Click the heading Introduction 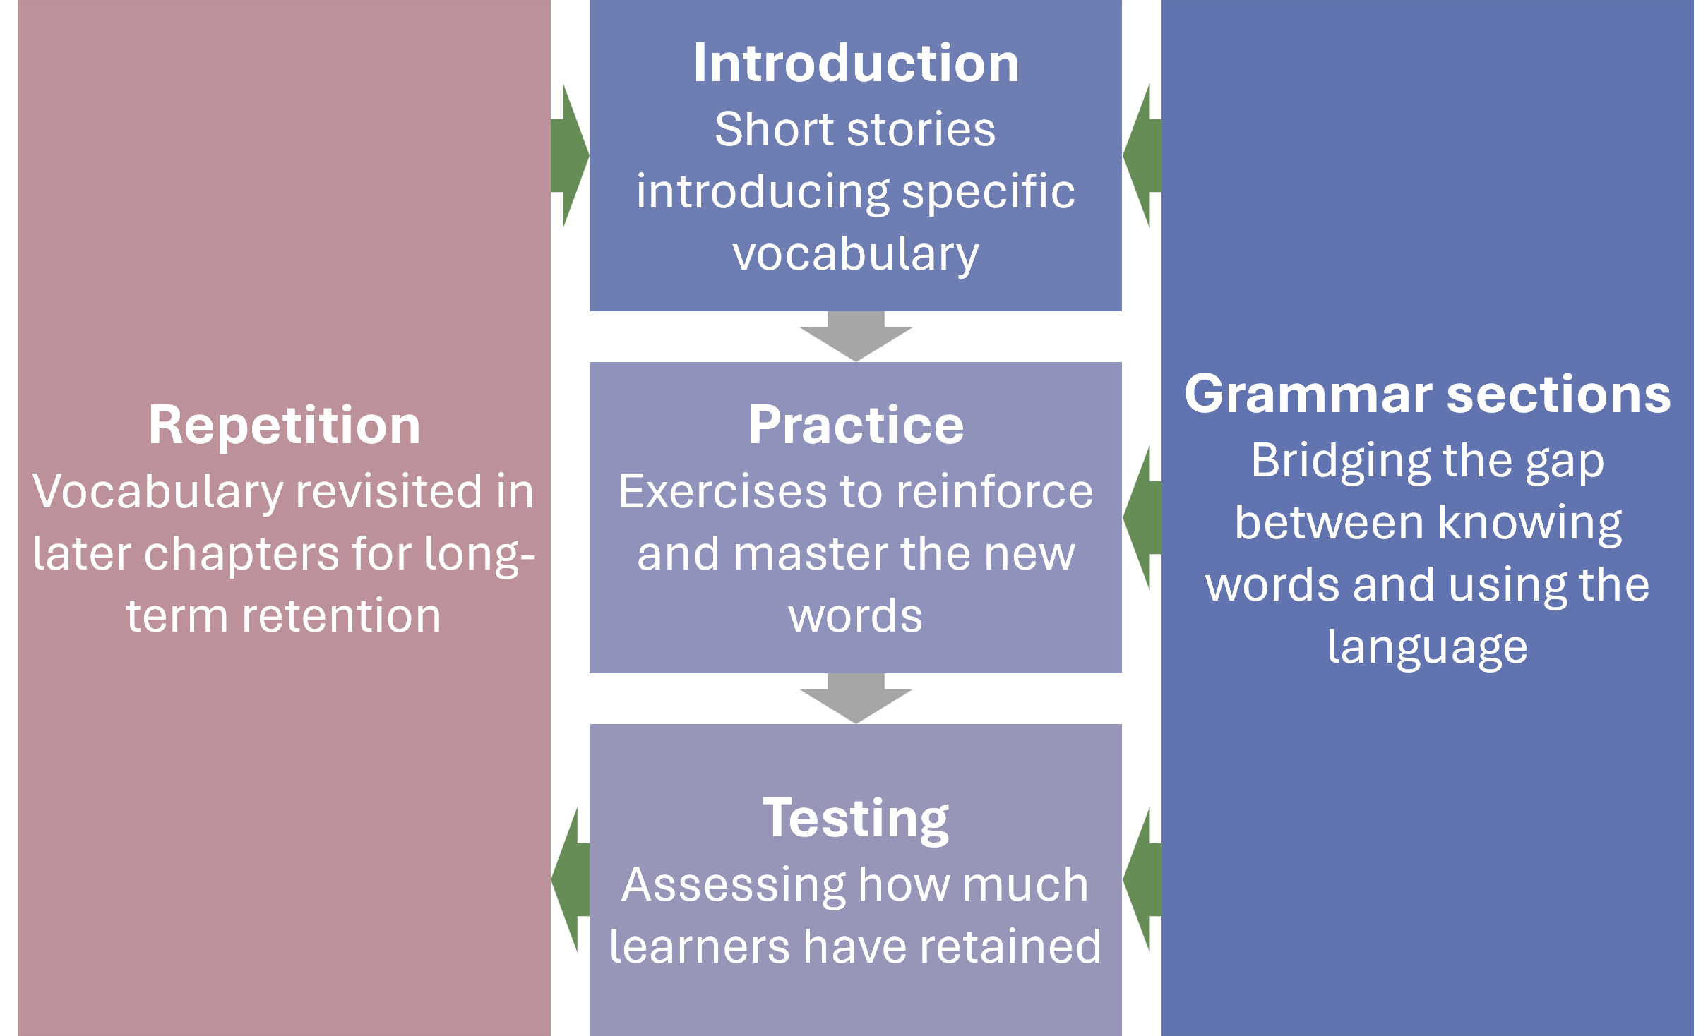coord(856,64)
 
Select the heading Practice coord(856,426)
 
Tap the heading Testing coord(856,819)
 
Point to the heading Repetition coord(284,426)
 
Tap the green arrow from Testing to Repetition coord(571,880)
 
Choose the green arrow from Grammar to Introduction coord(1142,156)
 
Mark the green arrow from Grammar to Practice coord(1142,518)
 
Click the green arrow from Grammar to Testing coord(1142,880)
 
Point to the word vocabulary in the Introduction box coord(856,255)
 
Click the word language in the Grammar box coord(1427,648)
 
